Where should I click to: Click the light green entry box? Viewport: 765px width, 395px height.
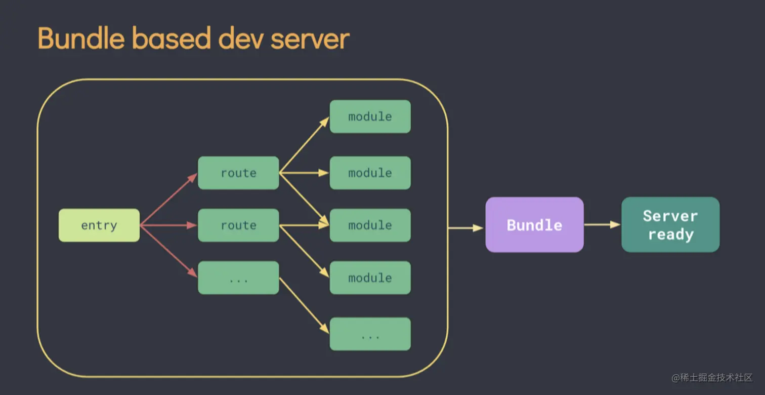coord(99,225)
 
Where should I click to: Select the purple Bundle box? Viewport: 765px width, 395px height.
coord(534,225)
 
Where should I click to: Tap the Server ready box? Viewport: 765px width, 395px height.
coord(670,225)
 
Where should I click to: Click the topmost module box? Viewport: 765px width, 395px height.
coord(370,116)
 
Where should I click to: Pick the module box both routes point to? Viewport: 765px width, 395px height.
coord(370,225)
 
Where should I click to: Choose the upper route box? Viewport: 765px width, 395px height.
coord(238,173)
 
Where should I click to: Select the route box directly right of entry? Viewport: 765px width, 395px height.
coord(238,225)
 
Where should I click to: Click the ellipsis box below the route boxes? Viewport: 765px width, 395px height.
coord(238,278)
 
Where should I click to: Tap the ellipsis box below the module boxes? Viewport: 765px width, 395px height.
coord(370,334)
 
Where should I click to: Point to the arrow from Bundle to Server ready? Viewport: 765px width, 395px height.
coord(602,224)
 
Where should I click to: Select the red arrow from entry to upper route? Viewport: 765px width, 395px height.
coord(168,200)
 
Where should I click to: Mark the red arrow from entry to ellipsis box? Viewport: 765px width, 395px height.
coord(168,251)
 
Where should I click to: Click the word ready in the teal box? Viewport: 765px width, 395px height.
coord(670,235)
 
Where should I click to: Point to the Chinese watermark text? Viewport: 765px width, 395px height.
coord(712,378)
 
